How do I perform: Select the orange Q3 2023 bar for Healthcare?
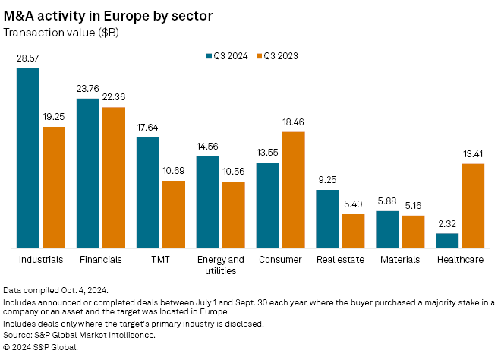473,205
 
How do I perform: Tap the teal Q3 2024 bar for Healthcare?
447,240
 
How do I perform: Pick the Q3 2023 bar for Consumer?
292,190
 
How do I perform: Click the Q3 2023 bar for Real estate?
353,231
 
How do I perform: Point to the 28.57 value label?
28,58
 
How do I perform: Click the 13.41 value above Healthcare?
473,154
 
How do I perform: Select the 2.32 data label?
447,223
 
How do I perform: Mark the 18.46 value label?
292,122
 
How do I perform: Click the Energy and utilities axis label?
221,264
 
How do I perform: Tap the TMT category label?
160,259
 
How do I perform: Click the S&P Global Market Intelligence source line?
80,334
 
